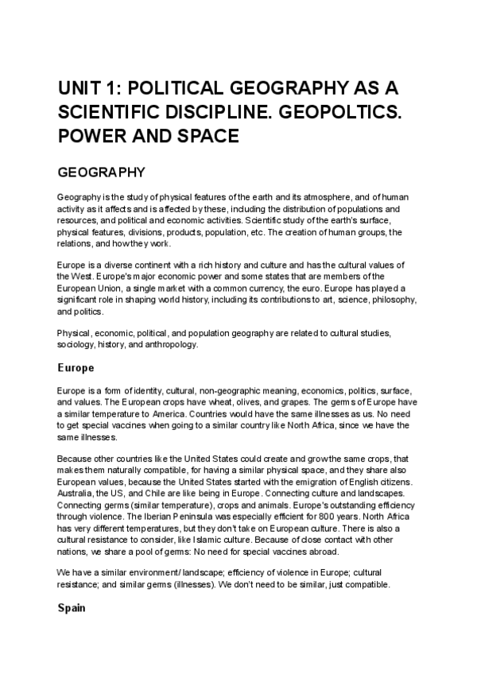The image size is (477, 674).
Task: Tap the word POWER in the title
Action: point(89,136)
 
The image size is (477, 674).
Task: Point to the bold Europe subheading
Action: point(76,369)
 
